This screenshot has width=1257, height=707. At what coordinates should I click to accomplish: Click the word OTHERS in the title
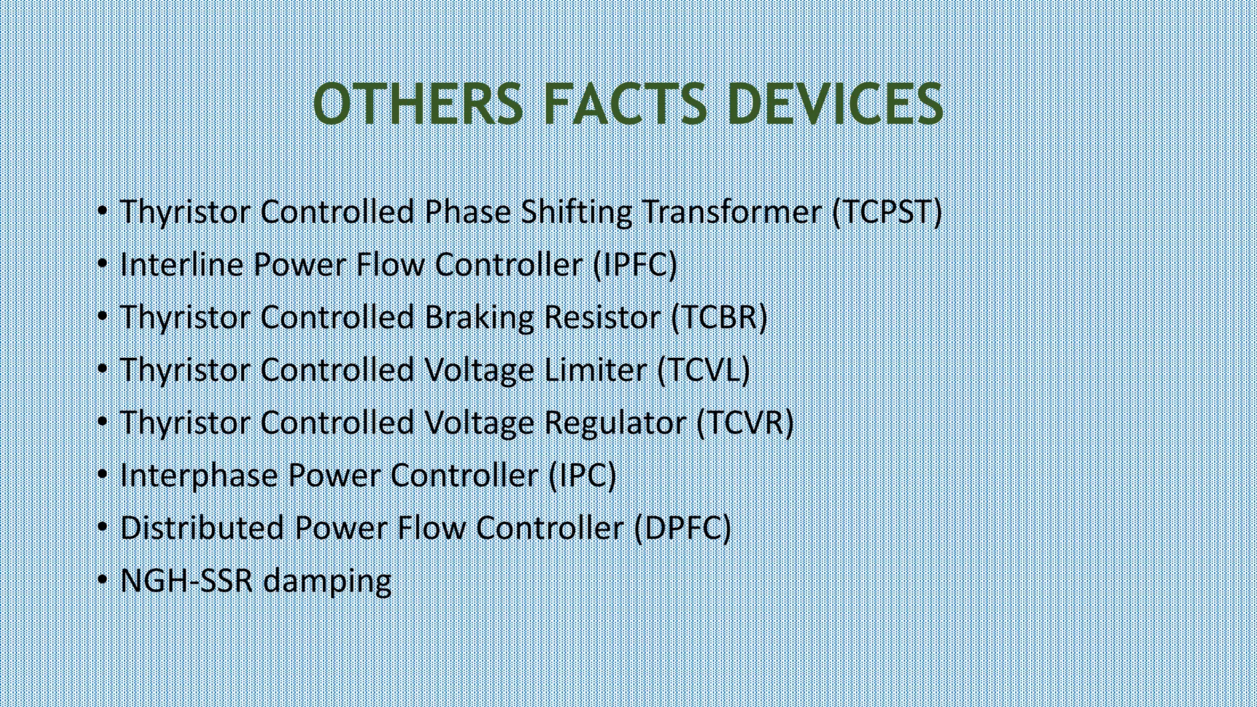[418, 104]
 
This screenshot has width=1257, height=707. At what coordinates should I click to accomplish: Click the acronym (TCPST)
[887, 212]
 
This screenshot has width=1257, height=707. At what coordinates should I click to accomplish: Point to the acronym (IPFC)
[635, 265]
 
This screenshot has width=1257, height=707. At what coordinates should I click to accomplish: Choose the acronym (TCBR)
[719, 317]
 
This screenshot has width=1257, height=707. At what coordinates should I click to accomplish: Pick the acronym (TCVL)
[703, 370]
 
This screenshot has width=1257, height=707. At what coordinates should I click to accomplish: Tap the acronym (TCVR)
[745, 423]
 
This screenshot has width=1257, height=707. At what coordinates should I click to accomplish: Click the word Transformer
[732, 212]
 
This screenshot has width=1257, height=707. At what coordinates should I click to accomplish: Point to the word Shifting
[576, 213]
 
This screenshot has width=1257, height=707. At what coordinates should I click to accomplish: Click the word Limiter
[595, 370]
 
